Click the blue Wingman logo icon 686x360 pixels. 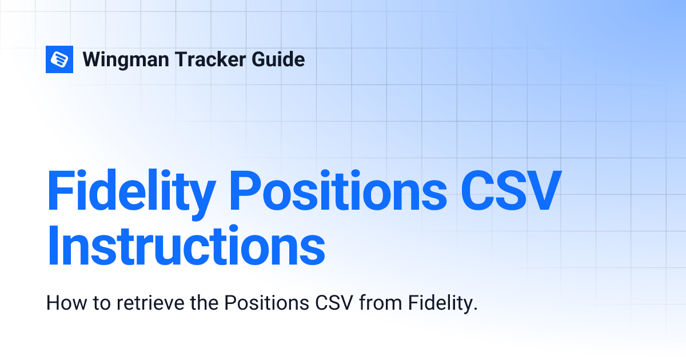(59, 59)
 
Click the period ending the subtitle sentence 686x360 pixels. (474, 309)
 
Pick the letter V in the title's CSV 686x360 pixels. (541, 189)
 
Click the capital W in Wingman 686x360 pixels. (93, 59)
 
